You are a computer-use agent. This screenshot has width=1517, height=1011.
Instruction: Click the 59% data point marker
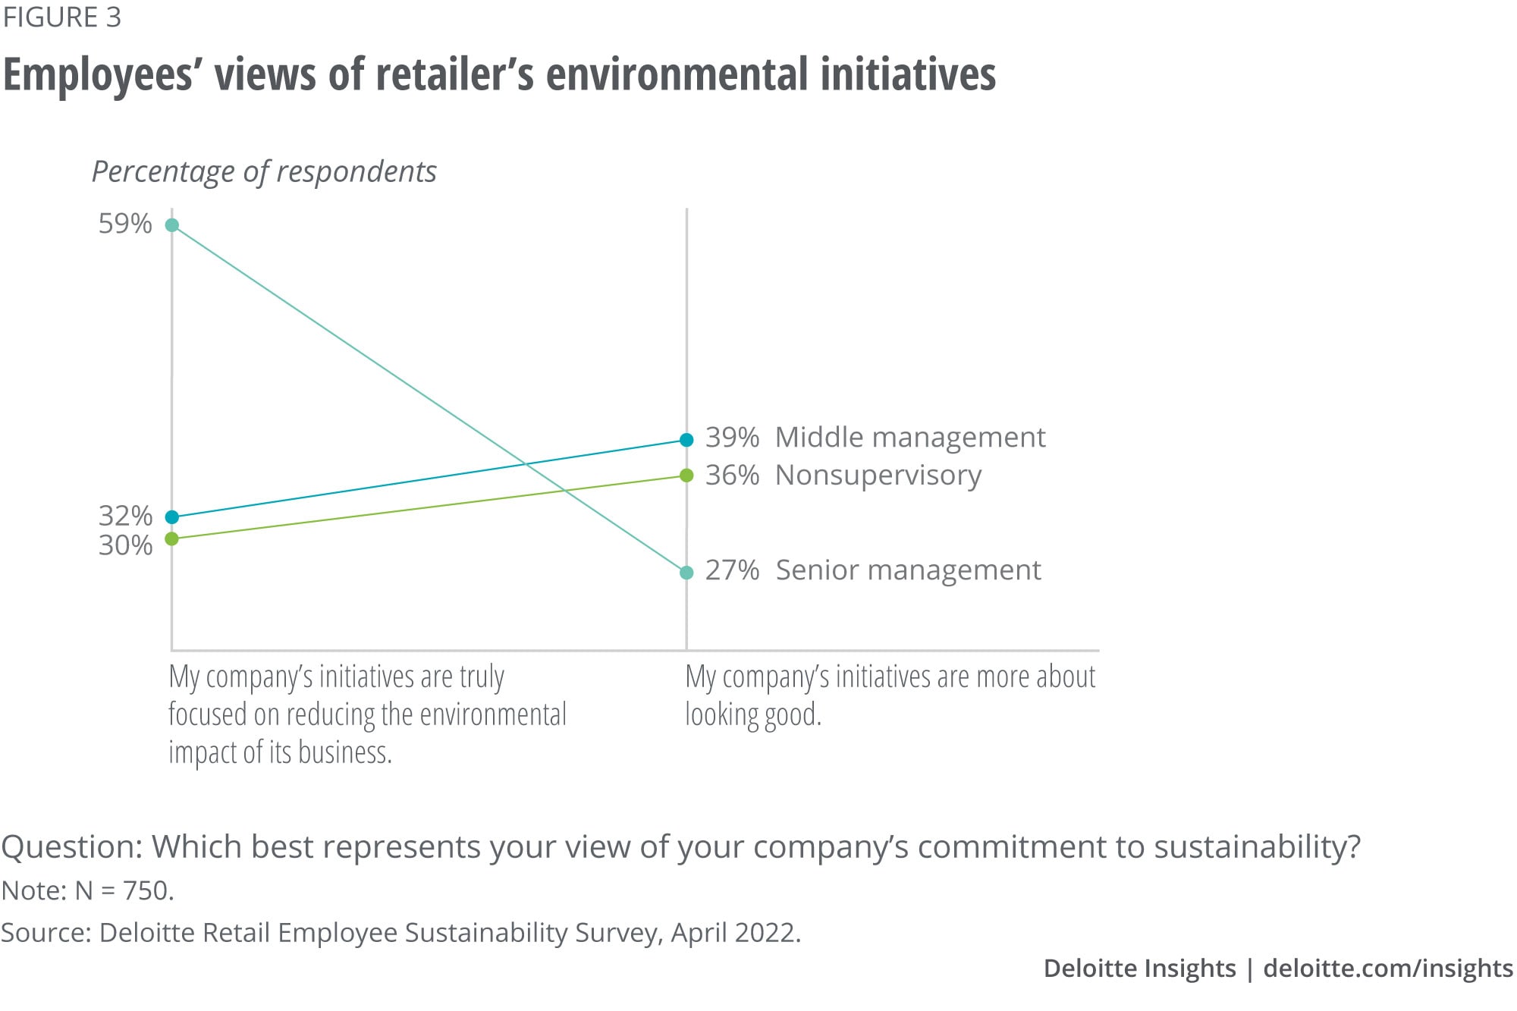[x=172, y=225]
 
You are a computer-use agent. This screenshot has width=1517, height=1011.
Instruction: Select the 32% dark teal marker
[x=172, y=517]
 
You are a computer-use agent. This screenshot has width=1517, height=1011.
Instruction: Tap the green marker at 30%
[x=172, y=538]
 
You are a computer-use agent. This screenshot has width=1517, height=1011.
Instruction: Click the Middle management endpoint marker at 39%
[x=686, y=440]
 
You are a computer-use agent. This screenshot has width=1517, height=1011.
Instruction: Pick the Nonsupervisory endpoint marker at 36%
[x=686, y=476]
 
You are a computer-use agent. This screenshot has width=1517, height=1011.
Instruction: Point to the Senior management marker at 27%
[x=686, y=573]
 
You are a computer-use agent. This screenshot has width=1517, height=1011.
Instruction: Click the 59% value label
[x=125, y=224]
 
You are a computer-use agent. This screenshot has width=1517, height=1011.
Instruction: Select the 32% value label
[x=125, y=516]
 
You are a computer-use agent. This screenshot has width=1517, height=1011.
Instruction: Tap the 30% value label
[x=125, y=545]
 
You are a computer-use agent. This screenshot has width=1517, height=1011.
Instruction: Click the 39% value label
[x=732, y=438]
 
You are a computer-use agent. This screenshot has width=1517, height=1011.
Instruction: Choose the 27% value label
[x=732, y=570]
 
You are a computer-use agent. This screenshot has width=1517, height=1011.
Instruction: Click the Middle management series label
[x=910, y=438]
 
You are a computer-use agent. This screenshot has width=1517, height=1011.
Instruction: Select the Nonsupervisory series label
[x=878, y=476]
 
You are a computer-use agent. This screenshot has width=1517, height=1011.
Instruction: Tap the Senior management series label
[x=908, y=570]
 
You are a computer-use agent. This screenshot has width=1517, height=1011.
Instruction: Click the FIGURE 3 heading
[x=62, y=17]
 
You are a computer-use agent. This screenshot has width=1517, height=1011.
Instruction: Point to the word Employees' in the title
[x=99, y=75]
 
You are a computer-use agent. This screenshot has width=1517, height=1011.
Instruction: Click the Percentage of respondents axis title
[x=264, y=172]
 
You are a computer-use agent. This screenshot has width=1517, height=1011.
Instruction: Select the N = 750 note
[x=124, y=890]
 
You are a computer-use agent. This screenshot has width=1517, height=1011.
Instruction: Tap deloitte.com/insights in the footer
[x=1387, y=969]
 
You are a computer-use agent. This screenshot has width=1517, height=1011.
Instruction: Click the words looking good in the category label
[x=752, y=714]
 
